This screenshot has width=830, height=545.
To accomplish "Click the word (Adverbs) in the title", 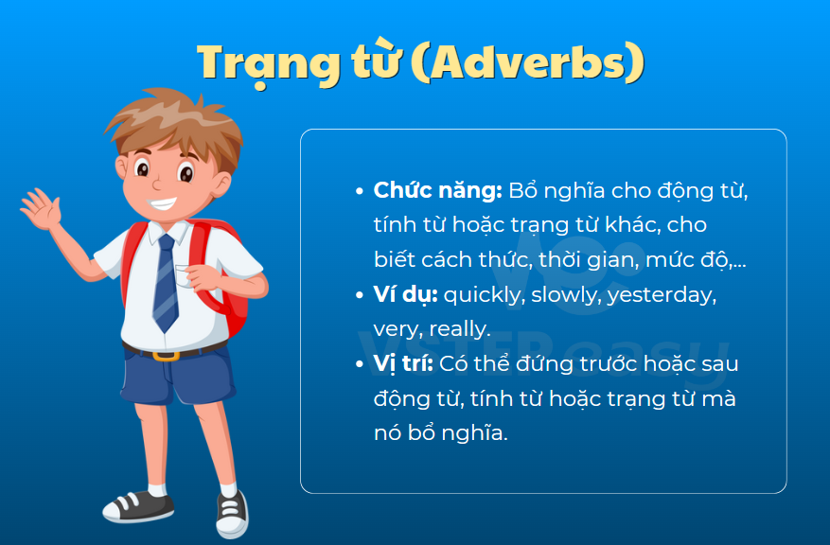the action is [528, 62].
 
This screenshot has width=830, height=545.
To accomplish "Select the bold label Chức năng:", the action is [438, 190].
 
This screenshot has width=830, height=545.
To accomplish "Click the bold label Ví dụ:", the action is [405, 294].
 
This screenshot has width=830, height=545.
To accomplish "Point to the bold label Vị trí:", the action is [403, 364].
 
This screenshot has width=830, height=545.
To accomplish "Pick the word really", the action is [460, 329].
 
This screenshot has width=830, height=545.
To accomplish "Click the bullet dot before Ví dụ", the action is [360, 294].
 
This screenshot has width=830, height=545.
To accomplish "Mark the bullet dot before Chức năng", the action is [360, 191].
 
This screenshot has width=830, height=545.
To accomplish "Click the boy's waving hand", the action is [41, 208].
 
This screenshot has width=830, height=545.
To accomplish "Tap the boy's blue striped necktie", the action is [166, 283].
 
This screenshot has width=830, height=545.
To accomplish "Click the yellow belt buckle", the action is [166, 356].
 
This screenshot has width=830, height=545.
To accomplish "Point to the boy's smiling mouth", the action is [162, 203].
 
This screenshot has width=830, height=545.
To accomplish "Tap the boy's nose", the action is [157, 185].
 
